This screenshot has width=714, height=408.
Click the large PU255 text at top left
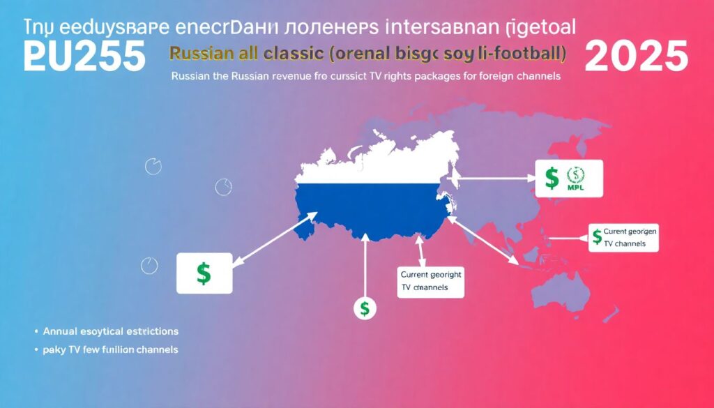pyautogui.click(x=84, y=56)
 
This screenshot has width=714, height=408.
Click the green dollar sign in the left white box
pyautogui.click(x=204, y=273)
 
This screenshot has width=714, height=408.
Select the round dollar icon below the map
pyautogui.click(x=365, y=307)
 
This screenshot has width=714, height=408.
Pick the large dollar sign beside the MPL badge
pyautogui.click(x=552, y=179)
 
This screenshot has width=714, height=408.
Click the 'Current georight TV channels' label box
pyautogui.click(x=430, y=281)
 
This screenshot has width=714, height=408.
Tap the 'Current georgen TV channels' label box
pyautogui.click(x=623, y=238)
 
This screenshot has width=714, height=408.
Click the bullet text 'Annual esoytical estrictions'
pyautogui.click(x=111, y=331)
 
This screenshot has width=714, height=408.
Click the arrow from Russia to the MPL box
pyautogui.click(x=495, y=179)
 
